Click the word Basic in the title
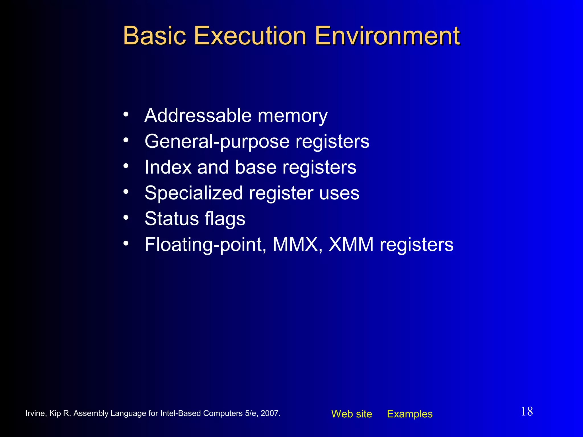[154, 36]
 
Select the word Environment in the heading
[387, 36]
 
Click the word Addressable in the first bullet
[198, 116]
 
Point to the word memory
[293, 116]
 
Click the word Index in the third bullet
[168, 167]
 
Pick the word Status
[171, 218]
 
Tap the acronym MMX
[295, 244]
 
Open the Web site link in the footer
[352, 414]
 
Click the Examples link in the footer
[410, 414]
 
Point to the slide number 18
[527, 411]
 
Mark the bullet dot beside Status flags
[126, 218]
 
